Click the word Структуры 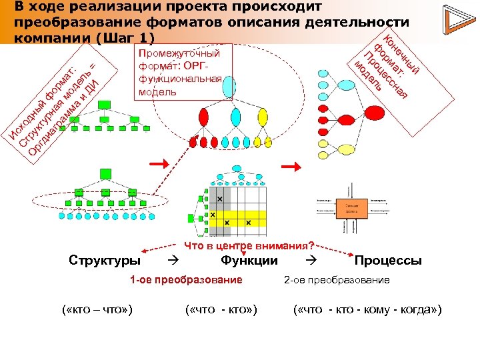(105, 260)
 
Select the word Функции (249, 260)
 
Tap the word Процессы (388, 260)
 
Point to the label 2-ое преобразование (337, 280)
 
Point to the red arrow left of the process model (291, 166)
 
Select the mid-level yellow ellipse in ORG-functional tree (262, 117)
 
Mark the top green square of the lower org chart (104, 173)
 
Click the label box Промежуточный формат (180, 72)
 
